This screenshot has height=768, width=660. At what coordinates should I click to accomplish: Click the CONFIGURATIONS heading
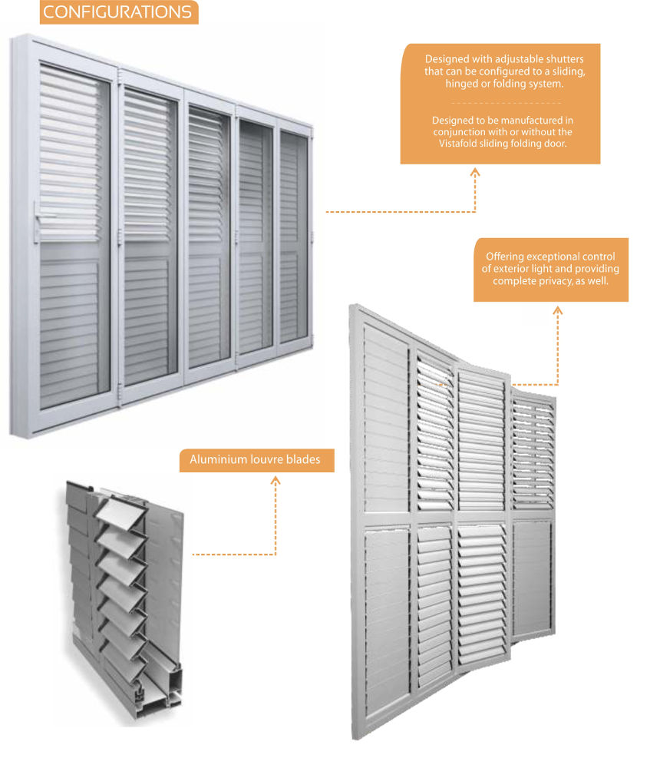click(117, 12)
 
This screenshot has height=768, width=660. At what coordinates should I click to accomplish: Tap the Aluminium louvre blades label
click(255, 459)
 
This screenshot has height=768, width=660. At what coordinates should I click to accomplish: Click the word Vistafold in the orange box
click(458, 144)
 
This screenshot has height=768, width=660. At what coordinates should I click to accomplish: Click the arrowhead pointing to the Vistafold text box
click(475, 172)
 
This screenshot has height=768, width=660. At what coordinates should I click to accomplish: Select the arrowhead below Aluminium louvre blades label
click(276, 481)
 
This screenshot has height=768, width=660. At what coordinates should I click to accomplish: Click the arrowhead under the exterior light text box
click(558, 310)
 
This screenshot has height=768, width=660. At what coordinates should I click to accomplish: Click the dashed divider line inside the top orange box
click(506, 103)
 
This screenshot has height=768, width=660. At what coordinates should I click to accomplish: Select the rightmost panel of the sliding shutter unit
click(294, 236)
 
